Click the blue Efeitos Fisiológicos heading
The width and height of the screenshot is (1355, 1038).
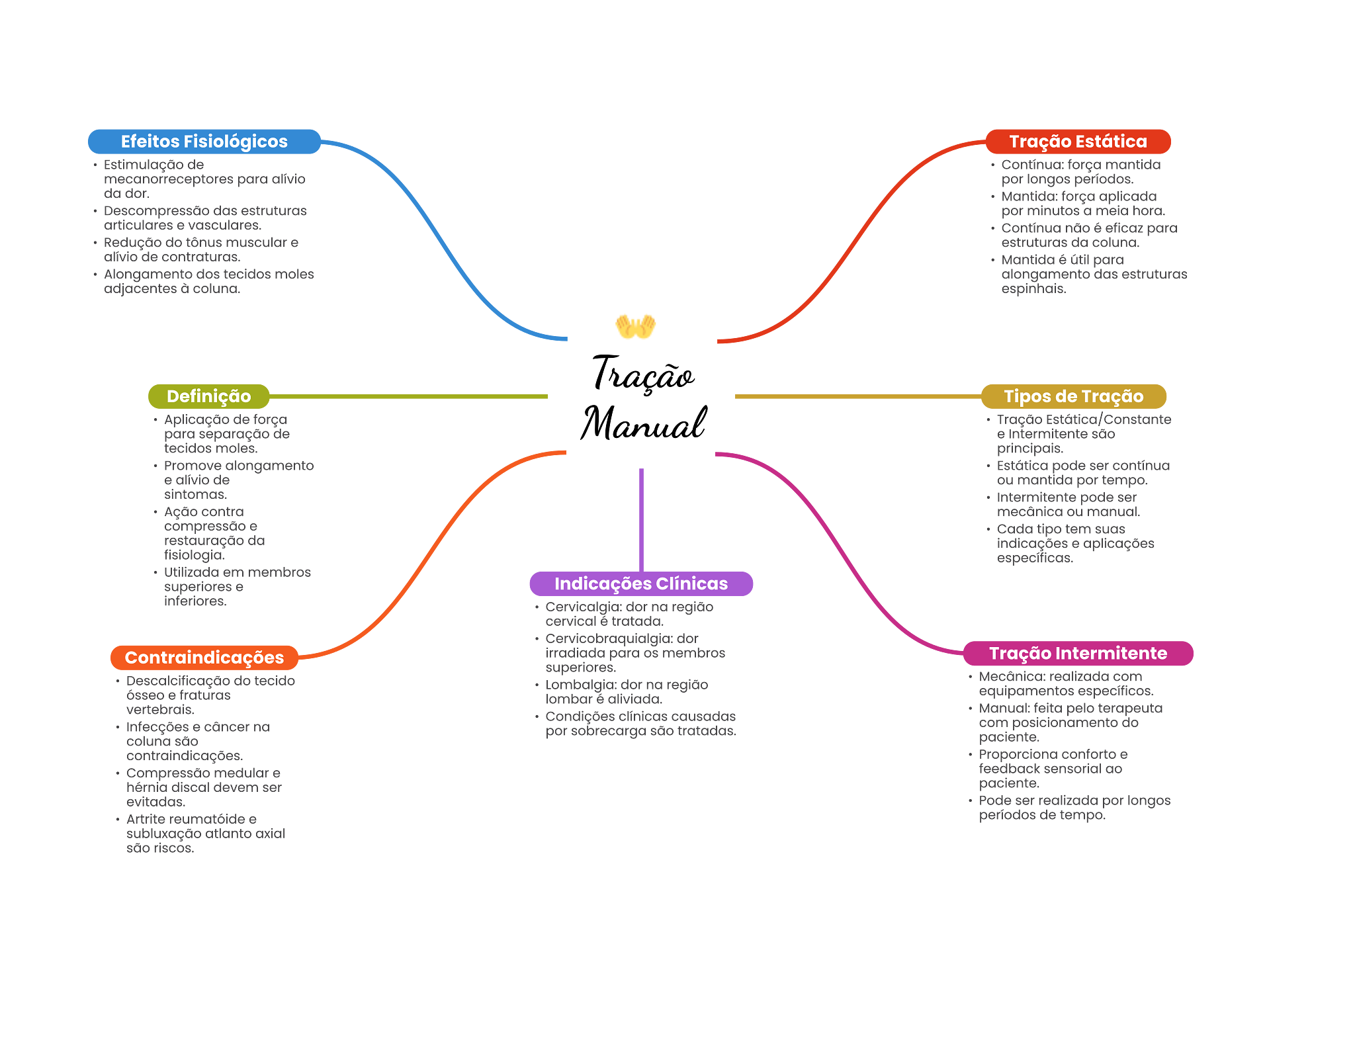pyautogui.click(x=204, y=142)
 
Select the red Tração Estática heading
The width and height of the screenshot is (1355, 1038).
pyautogui.click(x=1078, y=142)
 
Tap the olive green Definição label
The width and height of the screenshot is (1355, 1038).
pyautogui.click(x=208, y=396)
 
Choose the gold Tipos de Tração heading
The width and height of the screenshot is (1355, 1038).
pyautogui.click(x=1073, y=396)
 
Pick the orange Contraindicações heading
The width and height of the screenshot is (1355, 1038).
pyautogui.click(x=204, y=658)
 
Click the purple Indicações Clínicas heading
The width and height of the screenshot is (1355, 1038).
pyautogui.click(x=640, y=584)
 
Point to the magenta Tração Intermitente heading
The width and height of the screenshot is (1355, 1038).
pyautogui.click(x=1078, y=654)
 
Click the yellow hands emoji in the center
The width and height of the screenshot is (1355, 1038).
pyautogui.click(x=635, y=326)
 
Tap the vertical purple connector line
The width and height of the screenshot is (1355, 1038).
pyautogui.click(x=641, y=519)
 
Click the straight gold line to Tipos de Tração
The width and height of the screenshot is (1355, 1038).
pyautogui.click(x=857, y=397)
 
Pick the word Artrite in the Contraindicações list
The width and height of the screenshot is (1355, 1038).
pyautogui.click(x=144, y=820)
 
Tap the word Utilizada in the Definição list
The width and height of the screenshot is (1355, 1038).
pyautogui.click(x=191, y=573)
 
